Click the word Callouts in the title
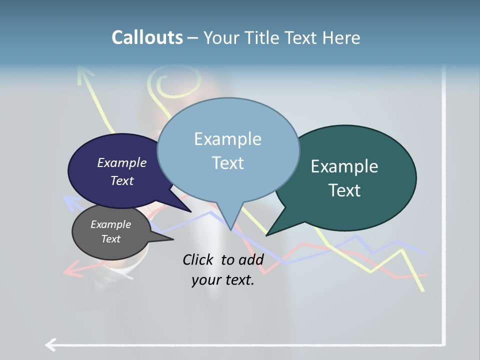pyautogui.click(x=147, y=37)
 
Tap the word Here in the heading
pyautogui.click(x=339, y=37)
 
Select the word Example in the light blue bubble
pyautogui.click(x=227, y=139)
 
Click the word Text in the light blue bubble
pyautogui.click(x=227, y=163)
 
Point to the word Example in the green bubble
pyautogui.click(x=344, y=166)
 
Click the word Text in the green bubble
pyautogui.click(x=344, y=190)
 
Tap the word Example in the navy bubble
pyautogui.click(x=121, y=162)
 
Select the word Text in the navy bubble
pyautogui.click(x=121, y=180)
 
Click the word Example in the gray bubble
pyautogui.click(x=110, y=224)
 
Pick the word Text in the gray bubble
pyautogui.click(x=110, y=239)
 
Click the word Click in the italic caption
pyautogui.click(x=198, y=259)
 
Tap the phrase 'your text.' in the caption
pyautogui.click(x=222, y=280)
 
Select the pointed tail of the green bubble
pyautogui.click(x=270, y=233)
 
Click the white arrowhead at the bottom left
pyautogui.click(x=49, y=344)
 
